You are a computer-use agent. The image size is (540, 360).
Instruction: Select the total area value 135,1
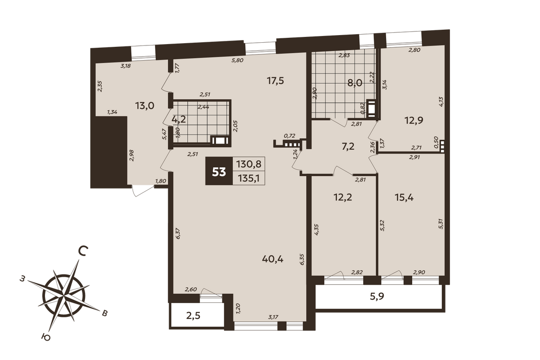click(x=249, y=179)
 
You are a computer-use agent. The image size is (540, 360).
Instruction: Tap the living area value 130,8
click(x=249, y=164)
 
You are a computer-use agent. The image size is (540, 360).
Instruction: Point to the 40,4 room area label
click(x=273, y=259)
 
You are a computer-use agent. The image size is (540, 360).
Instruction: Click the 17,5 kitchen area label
click(x=275, y=81)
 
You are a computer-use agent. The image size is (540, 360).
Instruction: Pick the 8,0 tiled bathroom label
click(x=355, y=83)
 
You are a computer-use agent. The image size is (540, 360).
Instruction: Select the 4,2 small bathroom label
click(x=179, y=119)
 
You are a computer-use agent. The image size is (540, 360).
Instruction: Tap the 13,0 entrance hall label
click(x=144, y=106)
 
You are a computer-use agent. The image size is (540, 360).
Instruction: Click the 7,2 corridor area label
click(x=348, y=146)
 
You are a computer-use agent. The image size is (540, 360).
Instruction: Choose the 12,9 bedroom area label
click(x=414, y=120)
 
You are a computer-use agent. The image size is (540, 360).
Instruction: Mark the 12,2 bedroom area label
click(x=343, y=198)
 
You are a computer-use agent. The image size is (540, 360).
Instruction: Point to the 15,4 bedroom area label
click(x=404, y=198)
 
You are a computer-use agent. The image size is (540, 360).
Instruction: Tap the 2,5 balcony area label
click(x=193, y=315)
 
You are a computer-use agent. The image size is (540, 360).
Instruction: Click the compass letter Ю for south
click(x=46, y=337)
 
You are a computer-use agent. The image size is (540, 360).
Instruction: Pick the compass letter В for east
click(x=104, y=314)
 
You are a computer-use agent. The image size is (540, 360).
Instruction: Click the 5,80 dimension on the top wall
click(x=238, y=60)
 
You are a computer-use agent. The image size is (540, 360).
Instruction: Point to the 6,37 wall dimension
click(x=178, y=234)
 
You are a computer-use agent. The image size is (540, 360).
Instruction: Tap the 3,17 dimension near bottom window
click(x=274, y=317)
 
